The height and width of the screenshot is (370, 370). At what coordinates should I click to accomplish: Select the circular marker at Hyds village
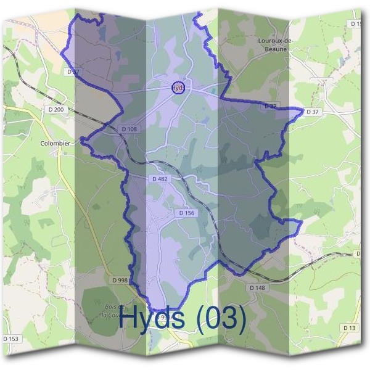click(x=178, y=88)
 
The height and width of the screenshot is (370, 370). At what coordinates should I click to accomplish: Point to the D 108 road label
click(x=129, y=129)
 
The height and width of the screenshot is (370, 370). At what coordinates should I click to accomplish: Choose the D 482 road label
click(x=160, y=179)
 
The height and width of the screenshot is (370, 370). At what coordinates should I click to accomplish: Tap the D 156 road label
click(x=186, y=213)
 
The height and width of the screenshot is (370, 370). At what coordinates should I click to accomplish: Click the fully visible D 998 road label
click(x=120, y=280)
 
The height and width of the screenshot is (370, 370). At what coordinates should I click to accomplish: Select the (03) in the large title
click(x=220, y=318)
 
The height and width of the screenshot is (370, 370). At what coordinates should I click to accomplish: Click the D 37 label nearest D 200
click(x=73, y=72)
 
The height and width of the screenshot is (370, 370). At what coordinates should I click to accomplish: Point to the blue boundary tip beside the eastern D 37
click(x=304, y=111)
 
